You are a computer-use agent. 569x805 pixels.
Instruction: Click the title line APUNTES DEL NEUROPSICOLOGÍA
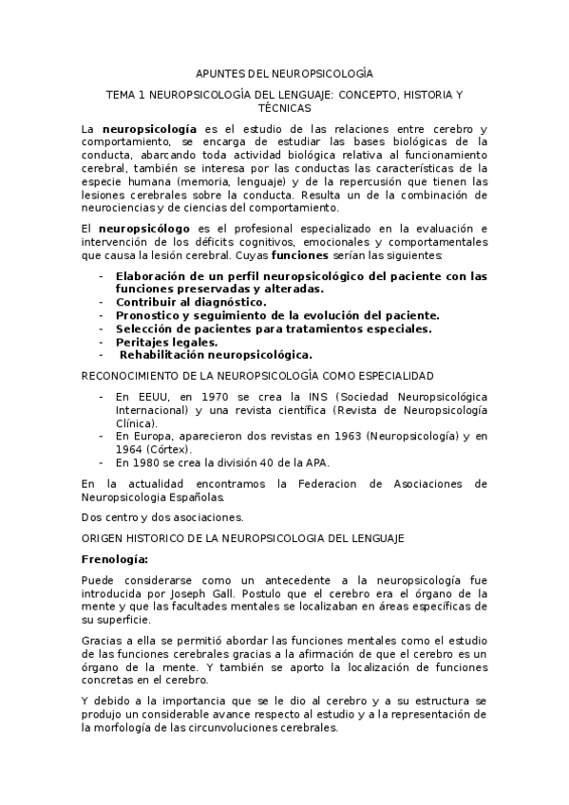pyautogui.click(x=284, y=73)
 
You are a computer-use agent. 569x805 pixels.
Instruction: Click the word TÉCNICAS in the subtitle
pyautogui.click(x=284, y=109)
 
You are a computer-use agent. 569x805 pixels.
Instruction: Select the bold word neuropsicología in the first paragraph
pyautogui.click(x=151, y=127)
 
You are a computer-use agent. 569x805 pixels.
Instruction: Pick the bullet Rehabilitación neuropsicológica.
pyautogui.click(x=216, y=354)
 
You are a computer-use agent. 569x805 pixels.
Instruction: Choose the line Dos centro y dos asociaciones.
pyautogui.click(x=161, y=517)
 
